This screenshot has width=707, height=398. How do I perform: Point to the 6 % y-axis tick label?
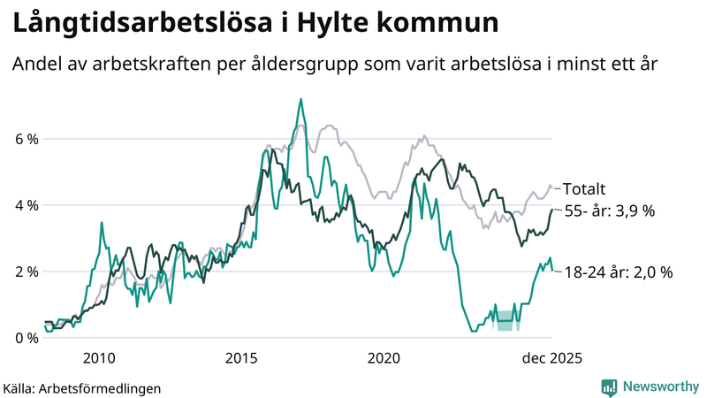[x=26, y=139]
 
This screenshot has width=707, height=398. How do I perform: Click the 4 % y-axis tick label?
[x=26, y=205]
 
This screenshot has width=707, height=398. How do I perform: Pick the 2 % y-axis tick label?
[x=26, y=272]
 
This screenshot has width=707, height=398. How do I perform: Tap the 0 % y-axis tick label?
[x=26, y=338]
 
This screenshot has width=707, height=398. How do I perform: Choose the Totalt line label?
[x=584, y=188]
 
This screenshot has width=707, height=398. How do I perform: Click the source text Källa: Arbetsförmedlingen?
[x=82, y=387]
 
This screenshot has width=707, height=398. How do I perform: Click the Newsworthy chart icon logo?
[x=609, y=387]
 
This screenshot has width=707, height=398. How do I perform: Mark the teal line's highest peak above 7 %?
[x=300, y=99]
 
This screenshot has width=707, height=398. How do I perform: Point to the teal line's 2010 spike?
[x=102, y=223]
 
